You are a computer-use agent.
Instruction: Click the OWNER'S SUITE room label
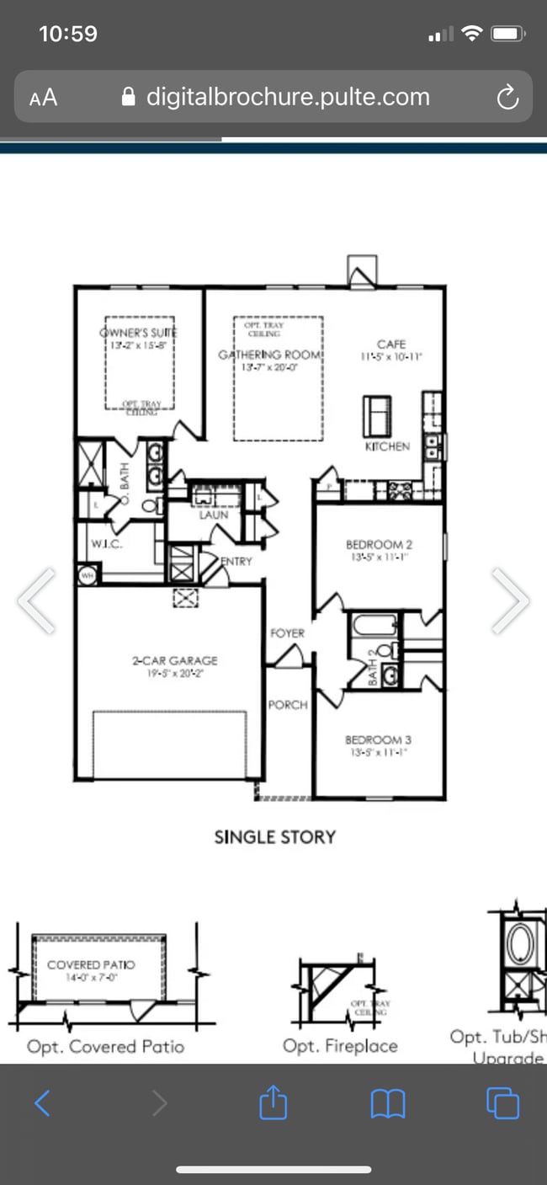point(140,333)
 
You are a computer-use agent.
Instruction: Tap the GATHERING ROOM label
point(269,355)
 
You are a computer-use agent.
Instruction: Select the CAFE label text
point(391,344)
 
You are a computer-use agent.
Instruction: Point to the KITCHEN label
point(387,446)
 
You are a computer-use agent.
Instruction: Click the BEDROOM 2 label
point(379,545)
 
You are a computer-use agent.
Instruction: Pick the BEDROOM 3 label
point(378,740)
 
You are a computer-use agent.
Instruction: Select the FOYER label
point(287,633)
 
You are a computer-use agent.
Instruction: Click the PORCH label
point(288,704)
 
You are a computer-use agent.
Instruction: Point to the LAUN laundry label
point(213,515)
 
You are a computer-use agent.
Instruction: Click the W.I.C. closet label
point(107,543)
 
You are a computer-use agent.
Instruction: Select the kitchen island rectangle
point(376,415)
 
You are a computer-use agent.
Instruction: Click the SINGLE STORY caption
point(274,837)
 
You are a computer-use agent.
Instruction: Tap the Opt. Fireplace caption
point(340,1046)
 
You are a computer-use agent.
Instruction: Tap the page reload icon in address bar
point(507,98)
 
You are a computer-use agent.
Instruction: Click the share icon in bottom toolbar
point(273,1102)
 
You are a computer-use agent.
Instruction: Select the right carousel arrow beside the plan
point(510,601)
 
